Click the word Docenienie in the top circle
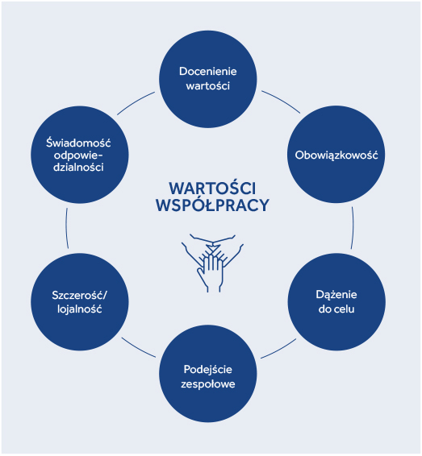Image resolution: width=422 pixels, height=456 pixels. (207, 72)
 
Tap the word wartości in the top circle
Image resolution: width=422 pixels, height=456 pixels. (207, 85)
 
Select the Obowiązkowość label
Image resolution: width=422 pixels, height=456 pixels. (336, 155)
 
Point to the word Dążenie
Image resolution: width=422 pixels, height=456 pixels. (336, 295)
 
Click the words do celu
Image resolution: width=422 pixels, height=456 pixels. (336, 309)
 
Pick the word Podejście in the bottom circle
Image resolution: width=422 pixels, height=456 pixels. (207, 370)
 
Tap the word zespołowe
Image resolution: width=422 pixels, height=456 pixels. (207, 384)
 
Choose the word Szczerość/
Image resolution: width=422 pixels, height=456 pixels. (80, 296)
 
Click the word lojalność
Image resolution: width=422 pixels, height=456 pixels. (80, 309)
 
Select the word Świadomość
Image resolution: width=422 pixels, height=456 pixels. (78, 143)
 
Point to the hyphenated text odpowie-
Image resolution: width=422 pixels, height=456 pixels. (78, 155)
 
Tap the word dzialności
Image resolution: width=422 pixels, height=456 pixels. (78, 168)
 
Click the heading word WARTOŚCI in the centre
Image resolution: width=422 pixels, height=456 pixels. (212, 188)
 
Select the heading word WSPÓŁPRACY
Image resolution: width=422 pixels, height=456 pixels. (212, 205)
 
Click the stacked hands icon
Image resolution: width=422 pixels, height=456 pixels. (212, 263)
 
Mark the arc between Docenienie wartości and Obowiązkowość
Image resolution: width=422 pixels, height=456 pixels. (282, 101)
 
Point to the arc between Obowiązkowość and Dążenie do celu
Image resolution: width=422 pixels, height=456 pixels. (353, 228)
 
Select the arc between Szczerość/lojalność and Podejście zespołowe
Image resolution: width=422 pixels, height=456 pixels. (138, 348)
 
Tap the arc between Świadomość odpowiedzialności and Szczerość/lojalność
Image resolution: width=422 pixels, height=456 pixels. (67, 228)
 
